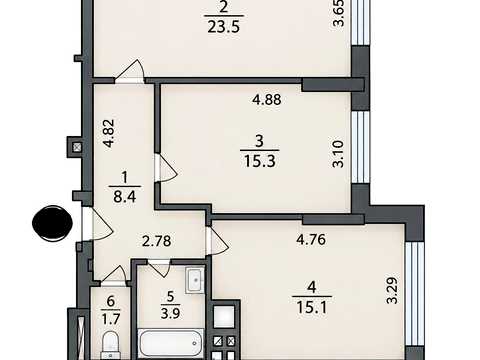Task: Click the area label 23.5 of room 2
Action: pos(223,27)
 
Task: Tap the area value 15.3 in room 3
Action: pos(259,162)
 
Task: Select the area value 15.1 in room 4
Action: pos(312,307)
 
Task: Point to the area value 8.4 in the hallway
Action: pos(124,197)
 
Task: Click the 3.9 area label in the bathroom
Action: pos(170,313)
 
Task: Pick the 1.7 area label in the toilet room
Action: pos(111,319)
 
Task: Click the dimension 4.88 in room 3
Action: pos(267,99)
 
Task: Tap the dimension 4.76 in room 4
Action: pos(311,239)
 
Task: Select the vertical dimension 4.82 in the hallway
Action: pos(109,133)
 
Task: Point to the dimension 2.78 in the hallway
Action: pos(157,241)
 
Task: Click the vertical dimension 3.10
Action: pos(338,154)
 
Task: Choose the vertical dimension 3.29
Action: pos(392,290)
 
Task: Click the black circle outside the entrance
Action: pos(52,223)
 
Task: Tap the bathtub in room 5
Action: pos(170,343)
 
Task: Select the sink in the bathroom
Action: pos(195,280)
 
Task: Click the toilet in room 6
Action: pos(110,344)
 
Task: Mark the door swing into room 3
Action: pos(168,168)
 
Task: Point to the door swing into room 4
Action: pos(218,242)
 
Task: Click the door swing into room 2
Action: pos(130,70)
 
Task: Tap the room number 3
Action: pos(259,141)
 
